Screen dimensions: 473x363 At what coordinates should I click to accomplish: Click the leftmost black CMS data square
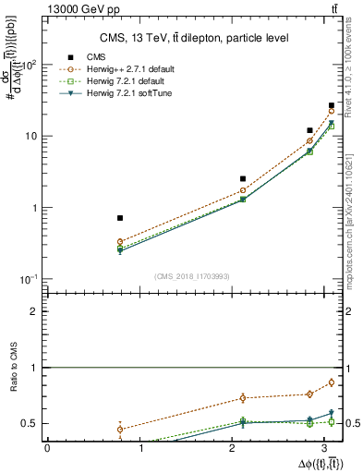point(120,218)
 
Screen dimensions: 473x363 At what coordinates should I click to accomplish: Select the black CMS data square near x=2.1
point(243,178)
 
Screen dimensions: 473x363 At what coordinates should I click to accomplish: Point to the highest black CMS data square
point(332,106)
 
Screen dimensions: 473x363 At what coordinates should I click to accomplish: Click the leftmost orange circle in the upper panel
point(120,242)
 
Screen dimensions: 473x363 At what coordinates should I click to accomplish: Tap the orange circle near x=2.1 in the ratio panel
point(243,398)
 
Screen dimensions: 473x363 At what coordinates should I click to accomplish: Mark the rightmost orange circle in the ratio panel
point(332,382)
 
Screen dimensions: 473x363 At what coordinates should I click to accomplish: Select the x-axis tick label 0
point(47,448)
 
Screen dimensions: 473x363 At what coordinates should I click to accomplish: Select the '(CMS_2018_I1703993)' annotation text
point(192,275)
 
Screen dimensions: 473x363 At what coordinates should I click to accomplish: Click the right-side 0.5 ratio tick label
point(352,424)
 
